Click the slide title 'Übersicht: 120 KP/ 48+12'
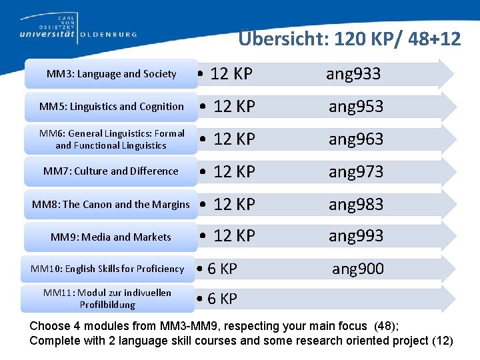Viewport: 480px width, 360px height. tap(349, 39)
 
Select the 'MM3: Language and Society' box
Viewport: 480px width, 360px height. tap(111, 74)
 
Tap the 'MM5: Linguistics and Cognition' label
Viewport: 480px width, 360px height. tap(111, 107)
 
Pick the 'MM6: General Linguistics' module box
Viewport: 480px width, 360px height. tap(111, 139)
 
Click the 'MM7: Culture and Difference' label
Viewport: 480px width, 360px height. tap(111, 171)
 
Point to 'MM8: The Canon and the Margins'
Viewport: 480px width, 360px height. tap(111, 204)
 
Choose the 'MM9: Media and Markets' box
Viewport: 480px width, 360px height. tap(111, 237)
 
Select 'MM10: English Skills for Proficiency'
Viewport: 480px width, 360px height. tap(107, 269)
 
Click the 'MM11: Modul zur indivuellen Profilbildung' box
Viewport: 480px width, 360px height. tap(107, 299)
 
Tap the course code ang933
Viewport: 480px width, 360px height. tap(353, 74)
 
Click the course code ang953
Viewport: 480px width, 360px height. tap(356, 107)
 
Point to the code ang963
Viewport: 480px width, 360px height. tap(356, 139)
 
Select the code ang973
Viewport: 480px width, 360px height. tap(356, 172)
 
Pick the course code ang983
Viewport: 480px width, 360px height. tap(356, 204)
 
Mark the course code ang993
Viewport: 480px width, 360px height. tap(356, 236)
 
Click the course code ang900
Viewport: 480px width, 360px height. tap(358, 269)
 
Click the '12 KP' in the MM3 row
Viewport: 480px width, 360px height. tap(231, 74)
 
